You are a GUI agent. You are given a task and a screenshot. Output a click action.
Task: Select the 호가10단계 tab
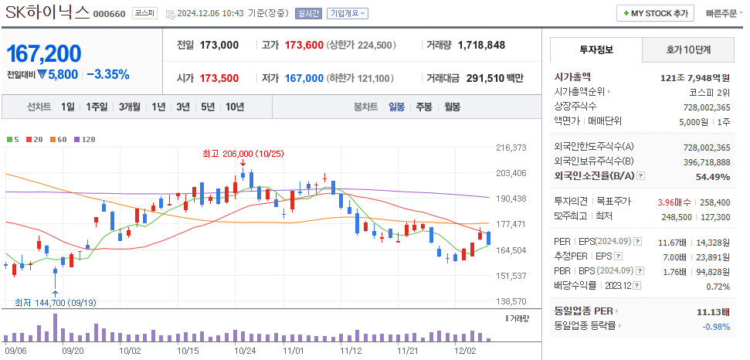[x=688, y=49]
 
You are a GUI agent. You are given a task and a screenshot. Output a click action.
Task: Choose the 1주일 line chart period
[x=97, y=106]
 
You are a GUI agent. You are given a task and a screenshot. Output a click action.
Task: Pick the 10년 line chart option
[x=234, y=106]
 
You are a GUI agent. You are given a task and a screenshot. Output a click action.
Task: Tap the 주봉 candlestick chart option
[x=423, y=106]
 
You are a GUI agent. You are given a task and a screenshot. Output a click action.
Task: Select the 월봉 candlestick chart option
[x=452, y=106]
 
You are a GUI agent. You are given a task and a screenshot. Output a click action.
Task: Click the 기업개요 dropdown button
[x=347, y=13]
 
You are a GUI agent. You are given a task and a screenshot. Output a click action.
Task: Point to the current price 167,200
[x=44, y=54]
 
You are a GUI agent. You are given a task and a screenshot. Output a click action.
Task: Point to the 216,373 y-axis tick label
[x=511, y=148]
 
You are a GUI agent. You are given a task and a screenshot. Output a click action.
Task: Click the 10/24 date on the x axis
[x=245, y=350]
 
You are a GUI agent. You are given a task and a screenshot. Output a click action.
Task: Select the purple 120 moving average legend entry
[x=85, y=139]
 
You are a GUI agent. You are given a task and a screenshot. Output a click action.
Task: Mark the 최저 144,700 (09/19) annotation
[x=53, y=302]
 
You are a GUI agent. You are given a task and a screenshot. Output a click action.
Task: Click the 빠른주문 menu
[x=722, y=13]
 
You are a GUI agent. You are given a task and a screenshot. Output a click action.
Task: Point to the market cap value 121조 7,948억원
[x=695, y=77]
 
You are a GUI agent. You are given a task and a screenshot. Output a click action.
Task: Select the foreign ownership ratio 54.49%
[x=712, y=176]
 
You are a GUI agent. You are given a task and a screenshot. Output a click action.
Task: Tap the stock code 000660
[x=110, y=14]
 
